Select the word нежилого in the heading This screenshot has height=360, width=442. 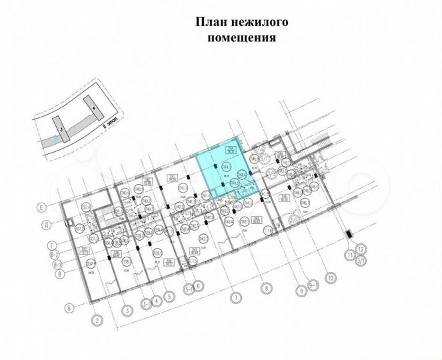point(258,22)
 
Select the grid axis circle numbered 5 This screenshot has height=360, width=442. point(170,297)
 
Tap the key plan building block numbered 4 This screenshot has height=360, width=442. point(95,107)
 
